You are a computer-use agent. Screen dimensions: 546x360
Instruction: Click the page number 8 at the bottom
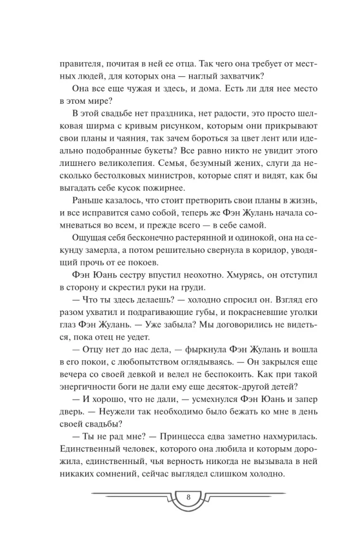(187, 497)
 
